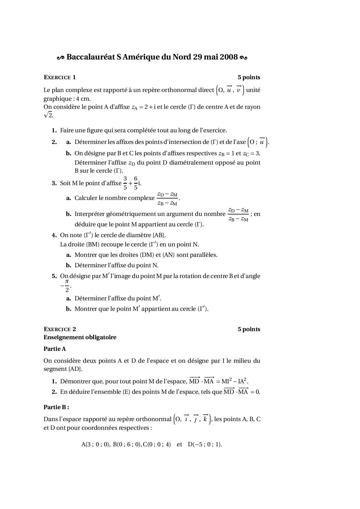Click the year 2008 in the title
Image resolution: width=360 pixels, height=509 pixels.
click(x=229, y=57)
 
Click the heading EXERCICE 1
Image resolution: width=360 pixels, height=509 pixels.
click(x=60, y=77)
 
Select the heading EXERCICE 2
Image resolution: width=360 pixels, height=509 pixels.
click(x=60, y=329)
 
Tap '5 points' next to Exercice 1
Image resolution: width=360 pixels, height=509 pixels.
click(x=249, y=77)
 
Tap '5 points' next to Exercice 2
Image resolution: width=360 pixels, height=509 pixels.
click(x=249, y=329)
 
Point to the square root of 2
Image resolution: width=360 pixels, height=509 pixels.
click(x=48, y=115)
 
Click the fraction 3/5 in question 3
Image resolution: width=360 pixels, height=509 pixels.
click(x=125, y=183)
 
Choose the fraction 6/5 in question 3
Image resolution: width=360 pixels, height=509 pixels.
click(x=136, y=183)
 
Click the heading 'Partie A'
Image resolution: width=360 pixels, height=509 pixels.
click(x=55, y=349)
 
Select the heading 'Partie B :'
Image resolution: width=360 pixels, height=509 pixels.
click(x=56, y=407)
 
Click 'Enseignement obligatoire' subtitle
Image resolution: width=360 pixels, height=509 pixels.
click(x=80, y=337)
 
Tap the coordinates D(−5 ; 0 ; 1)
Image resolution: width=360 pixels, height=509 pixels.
click(x=205, y=444)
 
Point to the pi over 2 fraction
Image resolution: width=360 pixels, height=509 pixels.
click(x=67, y=286)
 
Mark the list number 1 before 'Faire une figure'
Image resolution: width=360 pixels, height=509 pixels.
click(x=54, y=130)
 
